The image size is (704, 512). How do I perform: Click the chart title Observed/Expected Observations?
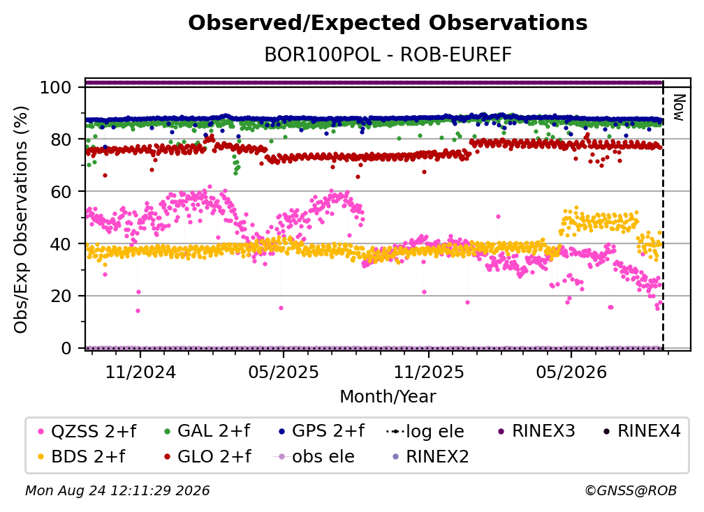pos(388,23)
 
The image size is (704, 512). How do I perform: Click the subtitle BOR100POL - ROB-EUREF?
pos(388,55)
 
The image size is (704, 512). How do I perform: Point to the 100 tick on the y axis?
pos(55,87)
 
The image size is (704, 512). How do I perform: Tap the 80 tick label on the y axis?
pos(61,140)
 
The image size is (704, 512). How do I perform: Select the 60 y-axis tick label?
pos(61,191)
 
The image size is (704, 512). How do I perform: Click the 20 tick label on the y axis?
pos(61,296)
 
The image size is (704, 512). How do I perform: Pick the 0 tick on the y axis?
pos(66,348)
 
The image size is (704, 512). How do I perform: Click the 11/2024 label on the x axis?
pos(140,372)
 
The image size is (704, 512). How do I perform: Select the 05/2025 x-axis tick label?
pos(284,372)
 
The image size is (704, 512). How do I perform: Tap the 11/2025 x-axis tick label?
pos(429,372)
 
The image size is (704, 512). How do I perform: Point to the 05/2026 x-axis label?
pos(571,372)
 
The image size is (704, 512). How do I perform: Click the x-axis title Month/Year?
pos(388,396)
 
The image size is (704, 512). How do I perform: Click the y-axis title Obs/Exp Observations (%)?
pos(21,220)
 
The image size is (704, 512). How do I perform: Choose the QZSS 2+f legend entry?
pos(87,431)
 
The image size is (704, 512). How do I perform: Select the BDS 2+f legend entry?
pos(81,456)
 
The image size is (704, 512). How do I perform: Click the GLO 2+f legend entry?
pos(208,456)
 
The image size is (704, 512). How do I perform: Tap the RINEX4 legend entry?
pos(642,431)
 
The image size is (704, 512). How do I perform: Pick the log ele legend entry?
pos(425,431)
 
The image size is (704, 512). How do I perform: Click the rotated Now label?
pos(679,107)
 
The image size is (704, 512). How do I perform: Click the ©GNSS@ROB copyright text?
pos(631,490)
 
